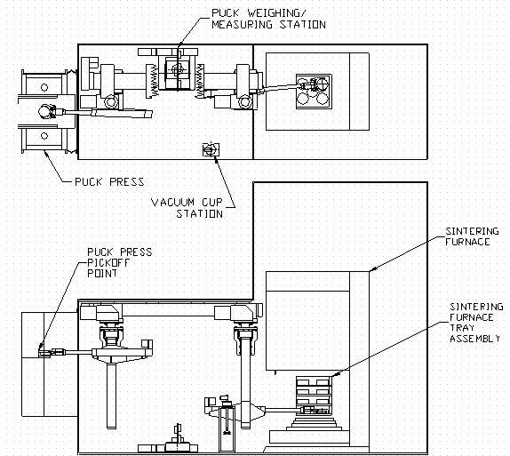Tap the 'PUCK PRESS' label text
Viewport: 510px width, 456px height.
108,181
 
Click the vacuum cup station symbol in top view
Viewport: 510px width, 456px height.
211,150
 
